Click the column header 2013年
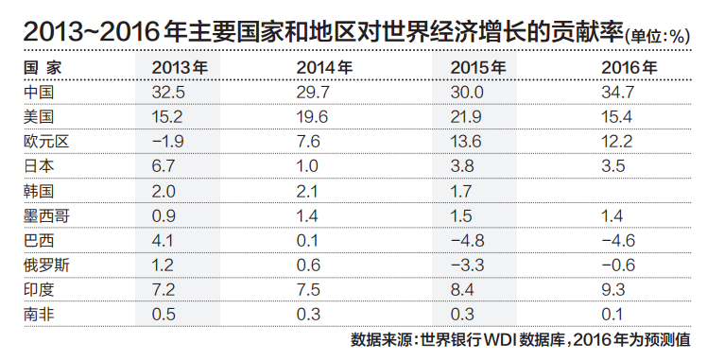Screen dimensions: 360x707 pos(180,68)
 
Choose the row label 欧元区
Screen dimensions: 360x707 pos(44,142)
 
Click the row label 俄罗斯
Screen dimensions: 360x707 pos(44,265)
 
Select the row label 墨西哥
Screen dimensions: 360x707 pos(44,215)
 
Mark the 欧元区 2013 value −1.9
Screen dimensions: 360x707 pos(173,142)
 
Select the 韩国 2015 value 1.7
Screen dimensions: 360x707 pos(462,191)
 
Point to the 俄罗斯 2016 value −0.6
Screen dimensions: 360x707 pos(619,265)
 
